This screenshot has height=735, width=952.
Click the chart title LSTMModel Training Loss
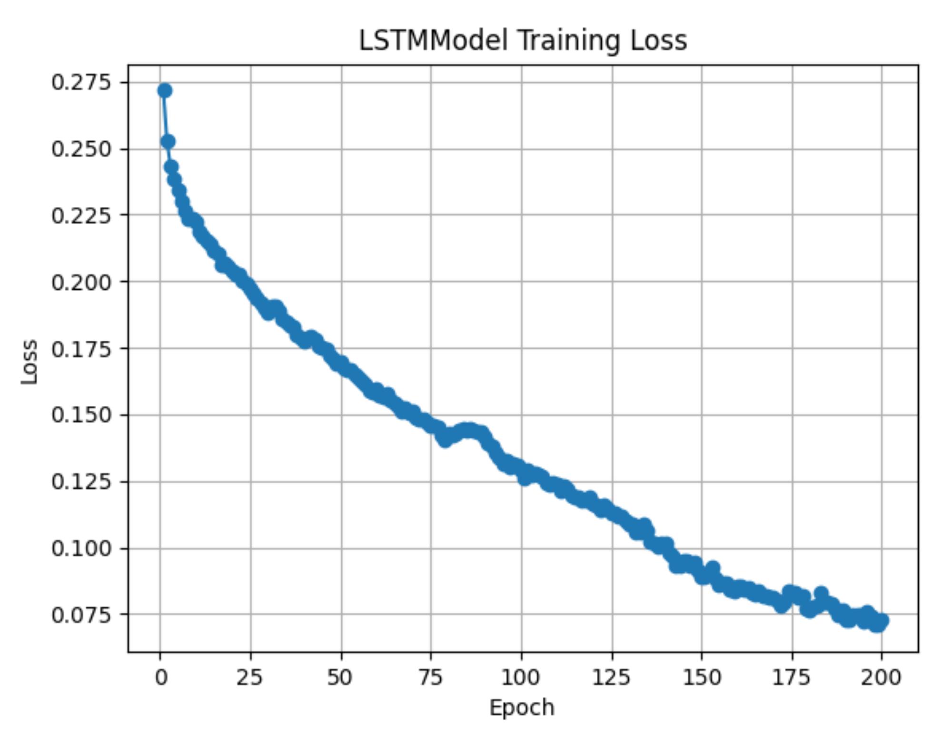523,40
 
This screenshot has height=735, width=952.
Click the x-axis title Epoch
522,708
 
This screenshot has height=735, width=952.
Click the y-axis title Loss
30,362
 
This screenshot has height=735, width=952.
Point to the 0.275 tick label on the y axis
81,83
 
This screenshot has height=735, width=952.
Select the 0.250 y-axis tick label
81,149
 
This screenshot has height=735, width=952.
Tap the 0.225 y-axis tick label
81,216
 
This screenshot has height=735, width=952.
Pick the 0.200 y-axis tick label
81,282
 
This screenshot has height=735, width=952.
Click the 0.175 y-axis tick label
81,349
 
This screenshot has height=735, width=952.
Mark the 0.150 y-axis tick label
81,415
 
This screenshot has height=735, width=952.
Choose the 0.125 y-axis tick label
81,481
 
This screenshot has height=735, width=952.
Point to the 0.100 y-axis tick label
81,549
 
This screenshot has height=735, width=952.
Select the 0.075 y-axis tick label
81,615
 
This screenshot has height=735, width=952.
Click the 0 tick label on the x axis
161,677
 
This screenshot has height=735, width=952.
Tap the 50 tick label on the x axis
341,677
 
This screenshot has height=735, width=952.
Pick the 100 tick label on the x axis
521,677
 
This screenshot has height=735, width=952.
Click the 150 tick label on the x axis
701,677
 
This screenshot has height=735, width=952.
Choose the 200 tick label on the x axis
881,677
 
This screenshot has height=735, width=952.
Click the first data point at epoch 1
165,90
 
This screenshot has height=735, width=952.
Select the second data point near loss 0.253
168,141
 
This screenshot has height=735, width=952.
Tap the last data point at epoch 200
882,620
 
